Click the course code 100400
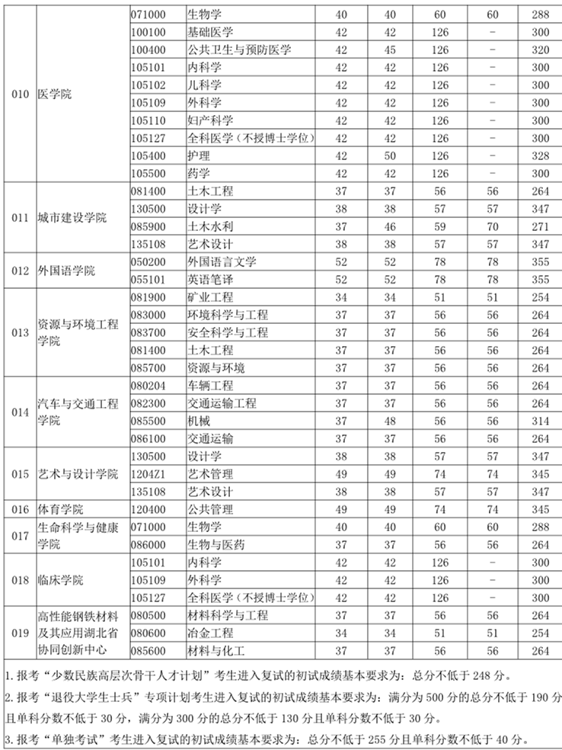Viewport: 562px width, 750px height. [x=148, y=50]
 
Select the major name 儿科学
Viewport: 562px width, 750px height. [x=205, y=85]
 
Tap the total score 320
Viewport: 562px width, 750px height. [x=540, y=50]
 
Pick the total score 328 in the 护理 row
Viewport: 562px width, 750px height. [x=540, y=155]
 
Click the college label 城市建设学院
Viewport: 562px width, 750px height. [x=72, y=217]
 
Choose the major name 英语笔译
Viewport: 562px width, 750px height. [x=210, y=279]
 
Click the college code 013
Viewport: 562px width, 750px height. [x=21, y=332]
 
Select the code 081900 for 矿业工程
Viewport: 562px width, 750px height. [x=148, y=297]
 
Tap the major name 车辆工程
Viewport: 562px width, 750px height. [x=210, y=386]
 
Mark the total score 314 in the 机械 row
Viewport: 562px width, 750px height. [x=540, y=421]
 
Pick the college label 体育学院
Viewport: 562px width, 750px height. [x=61, y=509]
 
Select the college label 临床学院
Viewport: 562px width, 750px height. [x=61, y=580]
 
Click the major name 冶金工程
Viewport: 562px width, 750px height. [x=210, y=633]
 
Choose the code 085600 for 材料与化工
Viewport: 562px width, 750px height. [x=148, y=650]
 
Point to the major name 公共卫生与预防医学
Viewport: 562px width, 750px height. [x=239, y=50]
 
